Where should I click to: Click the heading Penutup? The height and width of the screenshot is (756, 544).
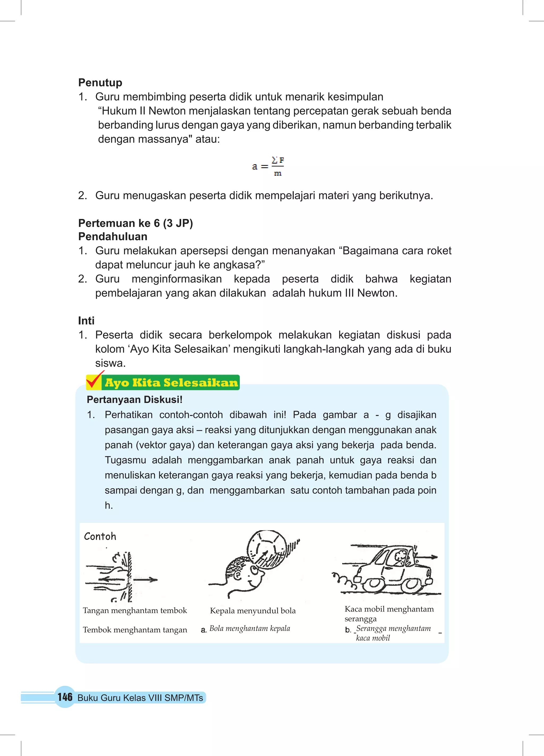(x=100, y=82)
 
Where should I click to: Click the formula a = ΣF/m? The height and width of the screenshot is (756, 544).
(x=268, y=166)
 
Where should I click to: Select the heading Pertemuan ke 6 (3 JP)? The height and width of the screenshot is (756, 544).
(x=135, y=223)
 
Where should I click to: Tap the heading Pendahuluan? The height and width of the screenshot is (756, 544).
(x=113, y=236)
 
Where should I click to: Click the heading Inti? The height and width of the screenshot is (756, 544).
(x=86, y=320)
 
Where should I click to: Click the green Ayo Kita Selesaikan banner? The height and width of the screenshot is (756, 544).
(x=171, y=382)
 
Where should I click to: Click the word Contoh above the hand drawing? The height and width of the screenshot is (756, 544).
(x=100, y=536)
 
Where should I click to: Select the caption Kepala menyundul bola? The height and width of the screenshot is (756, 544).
(x=253, y=611)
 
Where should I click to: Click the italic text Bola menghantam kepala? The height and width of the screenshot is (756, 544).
(x=250, y=628)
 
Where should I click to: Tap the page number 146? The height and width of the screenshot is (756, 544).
(x=65, y=697)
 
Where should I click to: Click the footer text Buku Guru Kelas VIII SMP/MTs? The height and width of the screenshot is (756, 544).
(x=140, y=698)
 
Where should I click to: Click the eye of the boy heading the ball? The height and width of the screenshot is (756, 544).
(x=254, y=571)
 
